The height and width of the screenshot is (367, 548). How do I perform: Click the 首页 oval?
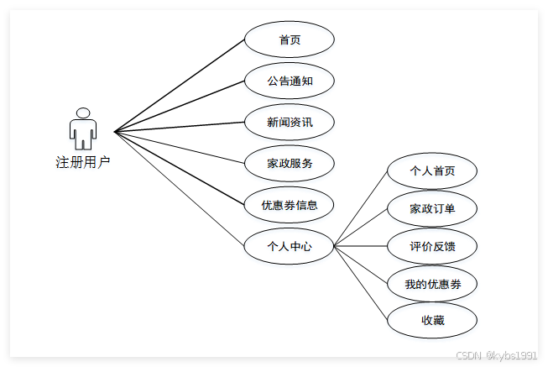290,39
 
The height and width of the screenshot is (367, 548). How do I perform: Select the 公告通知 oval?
290,81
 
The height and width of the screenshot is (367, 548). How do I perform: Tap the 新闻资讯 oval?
290,122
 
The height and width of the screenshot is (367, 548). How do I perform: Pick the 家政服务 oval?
290,163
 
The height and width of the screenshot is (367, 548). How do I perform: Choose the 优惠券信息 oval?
290,204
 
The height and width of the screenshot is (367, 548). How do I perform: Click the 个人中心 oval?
290,246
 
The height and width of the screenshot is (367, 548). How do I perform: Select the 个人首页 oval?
432,170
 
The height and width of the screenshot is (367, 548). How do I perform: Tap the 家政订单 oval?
432,208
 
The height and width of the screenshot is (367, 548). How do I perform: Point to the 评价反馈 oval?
432,246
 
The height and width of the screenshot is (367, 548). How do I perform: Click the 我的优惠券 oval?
432,284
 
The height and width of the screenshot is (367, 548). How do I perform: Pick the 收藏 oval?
432,320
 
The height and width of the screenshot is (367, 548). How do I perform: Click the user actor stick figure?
82,133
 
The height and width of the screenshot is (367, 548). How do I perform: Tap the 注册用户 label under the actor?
82,162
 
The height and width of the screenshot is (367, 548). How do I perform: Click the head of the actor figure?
82,113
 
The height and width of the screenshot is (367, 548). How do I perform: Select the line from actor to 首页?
180,85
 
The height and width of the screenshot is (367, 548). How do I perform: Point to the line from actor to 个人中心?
180,189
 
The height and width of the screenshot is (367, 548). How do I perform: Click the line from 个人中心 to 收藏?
361,282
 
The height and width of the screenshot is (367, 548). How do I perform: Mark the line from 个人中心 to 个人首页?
361,209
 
